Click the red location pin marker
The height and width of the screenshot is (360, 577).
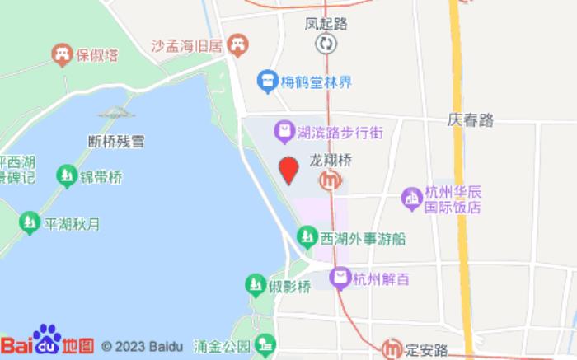pyautogui.click(x=288, y=170)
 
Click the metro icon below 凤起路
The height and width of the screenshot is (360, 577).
pyautogui.click(x=327, y=43)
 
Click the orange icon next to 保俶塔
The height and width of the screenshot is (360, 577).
pyautogui.click(x=61, y=54)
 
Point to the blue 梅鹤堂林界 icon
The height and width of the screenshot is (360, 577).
pyautogui.click(x=265, y=81)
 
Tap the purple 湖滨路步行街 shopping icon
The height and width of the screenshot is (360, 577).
pyautogui.click(x=284, y=130)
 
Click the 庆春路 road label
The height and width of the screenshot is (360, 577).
pyautogui.click(x=471, y=119)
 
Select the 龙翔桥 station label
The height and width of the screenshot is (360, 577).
pyautogui.click(x=331, y=161)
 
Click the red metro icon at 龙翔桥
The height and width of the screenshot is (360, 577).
pyautogui.click(x=331, y=180)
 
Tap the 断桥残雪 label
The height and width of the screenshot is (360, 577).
pyautogui.click(x=116, y=141)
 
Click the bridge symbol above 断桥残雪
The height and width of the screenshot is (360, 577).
pyautogui.click(x=116, y=113)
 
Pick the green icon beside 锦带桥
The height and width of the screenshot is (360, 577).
pyautogui.click(x=66, y=175)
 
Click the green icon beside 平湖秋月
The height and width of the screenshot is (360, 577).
pyautogui.click(x=30, y=222)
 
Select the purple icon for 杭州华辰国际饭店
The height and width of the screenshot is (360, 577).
pyautogui.click(x=410, y=198)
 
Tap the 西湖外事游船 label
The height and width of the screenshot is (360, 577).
pyautogui.click(x=363, y=239)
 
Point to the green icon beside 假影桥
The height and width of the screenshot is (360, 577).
pyautogui.click(x=256, y=286)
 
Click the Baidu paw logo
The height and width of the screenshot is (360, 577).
pyautogui.click(x=47, y=338)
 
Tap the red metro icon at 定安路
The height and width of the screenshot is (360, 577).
pyautogui.click(x=392, y=348)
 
